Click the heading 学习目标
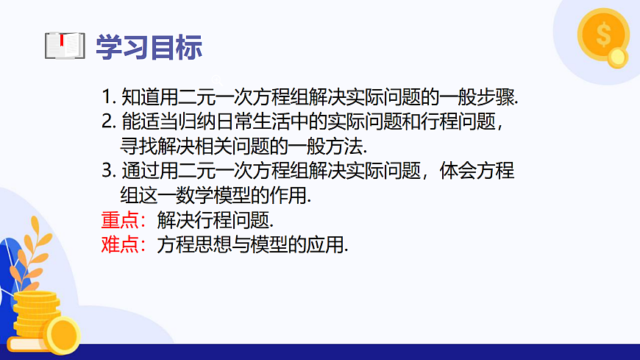149,46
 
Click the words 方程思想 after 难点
193,245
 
